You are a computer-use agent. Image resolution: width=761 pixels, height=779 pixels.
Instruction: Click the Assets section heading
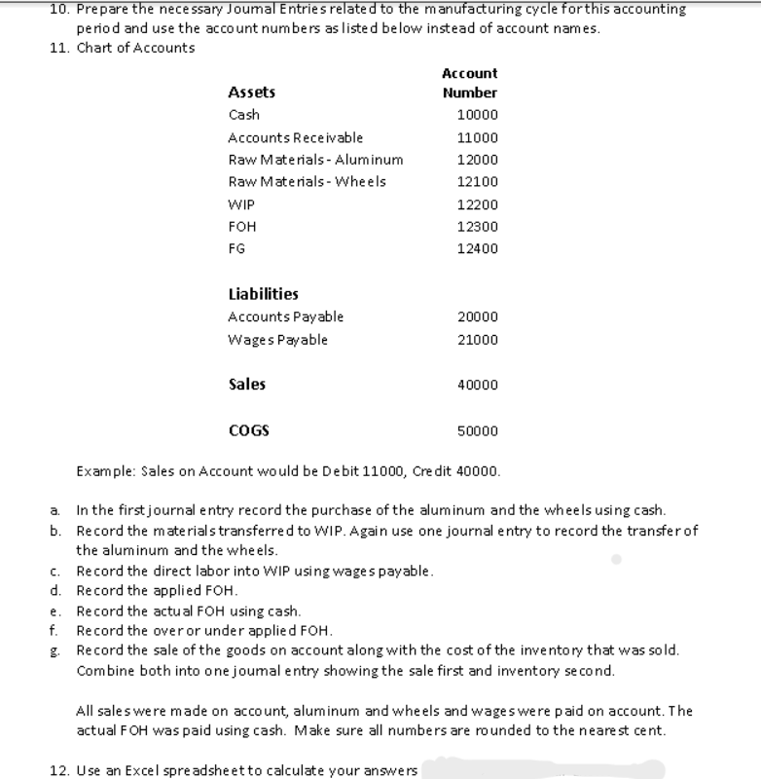click(x=251, y=93)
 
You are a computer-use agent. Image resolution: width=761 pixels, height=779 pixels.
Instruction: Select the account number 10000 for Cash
click(x=477, y=115)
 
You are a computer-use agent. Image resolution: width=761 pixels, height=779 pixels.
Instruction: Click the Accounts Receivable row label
click(x=295, y=137)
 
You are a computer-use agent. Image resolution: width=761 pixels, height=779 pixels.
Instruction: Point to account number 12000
click(x=477, y=160)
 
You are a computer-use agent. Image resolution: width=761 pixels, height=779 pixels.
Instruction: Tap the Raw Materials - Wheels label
click(x=307, y=182)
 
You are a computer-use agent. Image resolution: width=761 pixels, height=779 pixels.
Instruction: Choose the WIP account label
click(x=240, y=204)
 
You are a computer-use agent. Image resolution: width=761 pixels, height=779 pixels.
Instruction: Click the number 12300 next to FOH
click(x=477, y=227)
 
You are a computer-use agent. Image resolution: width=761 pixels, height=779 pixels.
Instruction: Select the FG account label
click(x=236, y=249)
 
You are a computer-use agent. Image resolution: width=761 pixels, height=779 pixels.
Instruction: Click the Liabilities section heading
click(x=263, y=294)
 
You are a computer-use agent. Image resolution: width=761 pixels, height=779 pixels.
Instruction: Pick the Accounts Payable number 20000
click(x=477, y=316)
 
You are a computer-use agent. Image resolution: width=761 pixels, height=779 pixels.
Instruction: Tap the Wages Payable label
click(x=277, y=340)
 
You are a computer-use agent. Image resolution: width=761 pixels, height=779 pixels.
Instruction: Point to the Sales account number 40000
click(x=477, y=385)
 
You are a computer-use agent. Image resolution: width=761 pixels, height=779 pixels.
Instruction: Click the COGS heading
click(x=248, y=429)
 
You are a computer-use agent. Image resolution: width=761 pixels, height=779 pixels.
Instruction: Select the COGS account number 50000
click(x=477, y=429)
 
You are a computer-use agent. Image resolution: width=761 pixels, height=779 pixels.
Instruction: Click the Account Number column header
click(x=469, y=83)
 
